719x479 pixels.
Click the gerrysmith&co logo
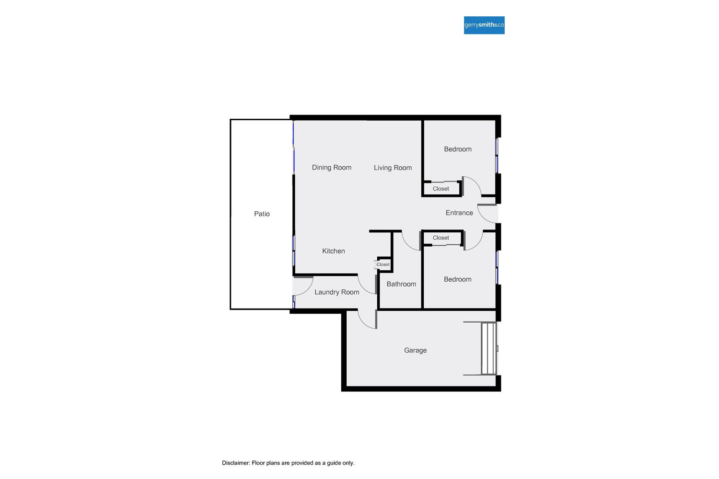tap(484, 25)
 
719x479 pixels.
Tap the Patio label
tap(262, 214)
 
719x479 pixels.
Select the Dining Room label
tap(332, 168)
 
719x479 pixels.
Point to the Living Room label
tap(393, 168)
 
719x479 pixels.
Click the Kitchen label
tap(333, 251)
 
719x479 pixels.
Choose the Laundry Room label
tap(336, 292)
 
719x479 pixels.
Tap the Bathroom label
tap(401, 284)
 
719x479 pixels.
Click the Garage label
tap(415, 351)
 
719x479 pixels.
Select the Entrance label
tap(459, 213)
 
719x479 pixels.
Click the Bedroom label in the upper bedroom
tap(458, 149)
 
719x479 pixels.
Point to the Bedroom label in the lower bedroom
tap(458, 279)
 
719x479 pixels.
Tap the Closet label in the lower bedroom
tap(441, 238)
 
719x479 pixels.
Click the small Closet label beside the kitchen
tap(383, 264)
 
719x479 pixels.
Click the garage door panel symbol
tap(488, 348)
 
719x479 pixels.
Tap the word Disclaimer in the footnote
tap(236, 463)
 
